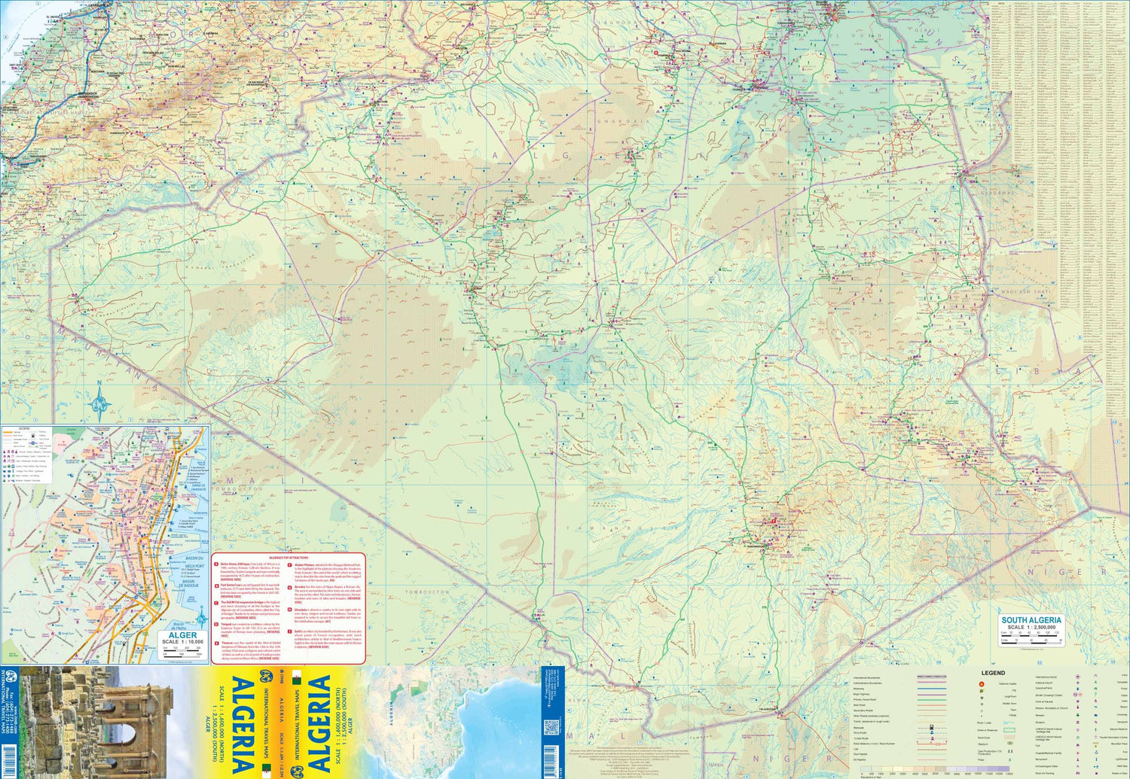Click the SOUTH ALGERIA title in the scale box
tap(1031, 619)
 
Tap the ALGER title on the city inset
tap(182, 635)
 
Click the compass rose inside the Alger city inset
tap(201, 619)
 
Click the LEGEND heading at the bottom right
tap(992, 673)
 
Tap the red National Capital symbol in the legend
tap(981, 684)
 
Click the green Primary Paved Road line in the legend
tap(931, 699)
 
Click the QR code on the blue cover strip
tap(551, 729)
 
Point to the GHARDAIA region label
tap(623, 120)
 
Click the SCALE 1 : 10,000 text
tap(182, 642)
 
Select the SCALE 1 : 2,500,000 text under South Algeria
tap(1031, 627)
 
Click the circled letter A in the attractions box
tap(215, 564)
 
